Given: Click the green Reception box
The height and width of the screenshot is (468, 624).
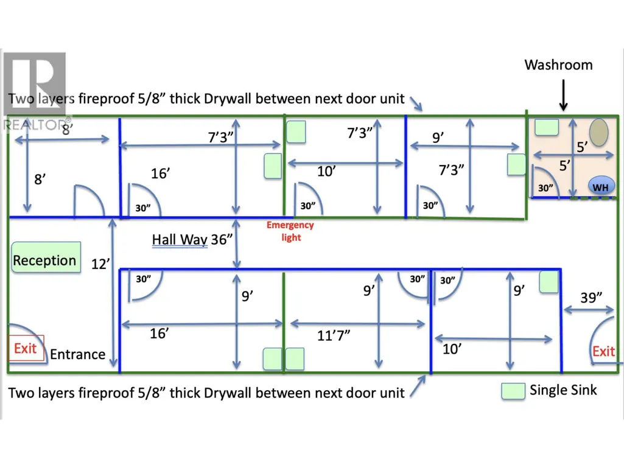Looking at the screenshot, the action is coord(46,257).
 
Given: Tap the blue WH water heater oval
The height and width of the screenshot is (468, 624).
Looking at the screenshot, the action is coord(600,186).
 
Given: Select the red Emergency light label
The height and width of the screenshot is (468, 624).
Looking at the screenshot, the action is coord(290,231).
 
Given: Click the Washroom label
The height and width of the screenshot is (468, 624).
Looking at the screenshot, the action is coord(558,65).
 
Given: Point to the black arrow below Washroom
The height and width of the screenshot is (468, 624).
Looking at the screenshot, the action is coord(563,95).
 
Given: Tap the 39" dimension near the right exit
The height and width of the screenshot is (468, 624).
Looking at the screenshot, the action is coord(591,297).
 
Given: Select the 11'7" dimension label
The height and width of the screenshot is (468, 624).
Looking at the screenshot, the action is coord(334,335).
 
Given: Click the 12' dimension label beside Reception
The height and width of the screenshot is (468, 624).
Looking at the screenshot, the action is coord(100,264).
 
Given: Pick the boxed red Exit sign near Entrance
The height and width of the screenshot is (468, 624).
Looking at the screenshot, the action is coord(26,348).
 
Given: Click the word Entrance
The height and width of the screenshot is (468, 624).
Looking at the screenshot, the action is coord(77,354).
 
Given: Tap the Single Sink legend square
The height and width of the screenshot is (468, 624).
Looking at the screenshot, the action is coord(513,391).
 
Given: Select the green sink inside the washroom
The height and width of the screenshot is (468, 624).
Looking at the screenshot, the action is coord(547,127).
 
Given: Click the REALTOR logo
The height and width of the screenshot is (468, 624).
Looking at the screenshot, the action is coord(35,91).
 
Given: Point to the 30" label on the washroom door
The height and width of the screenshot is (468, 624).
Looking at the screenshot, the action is coord(545,188).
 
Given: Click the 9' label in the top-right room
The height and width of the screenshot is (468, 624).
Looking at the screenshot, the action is coord(438,138).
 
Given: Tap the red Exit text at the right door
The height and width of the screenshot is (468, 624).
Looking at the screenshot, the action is coord(603,351).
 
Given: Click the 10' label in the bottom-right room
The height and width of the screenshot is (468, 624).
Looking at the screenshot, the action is coord(452,349).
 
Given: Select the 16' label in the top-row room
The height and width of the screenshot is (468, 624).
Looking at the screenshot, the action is coord(160,173).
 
